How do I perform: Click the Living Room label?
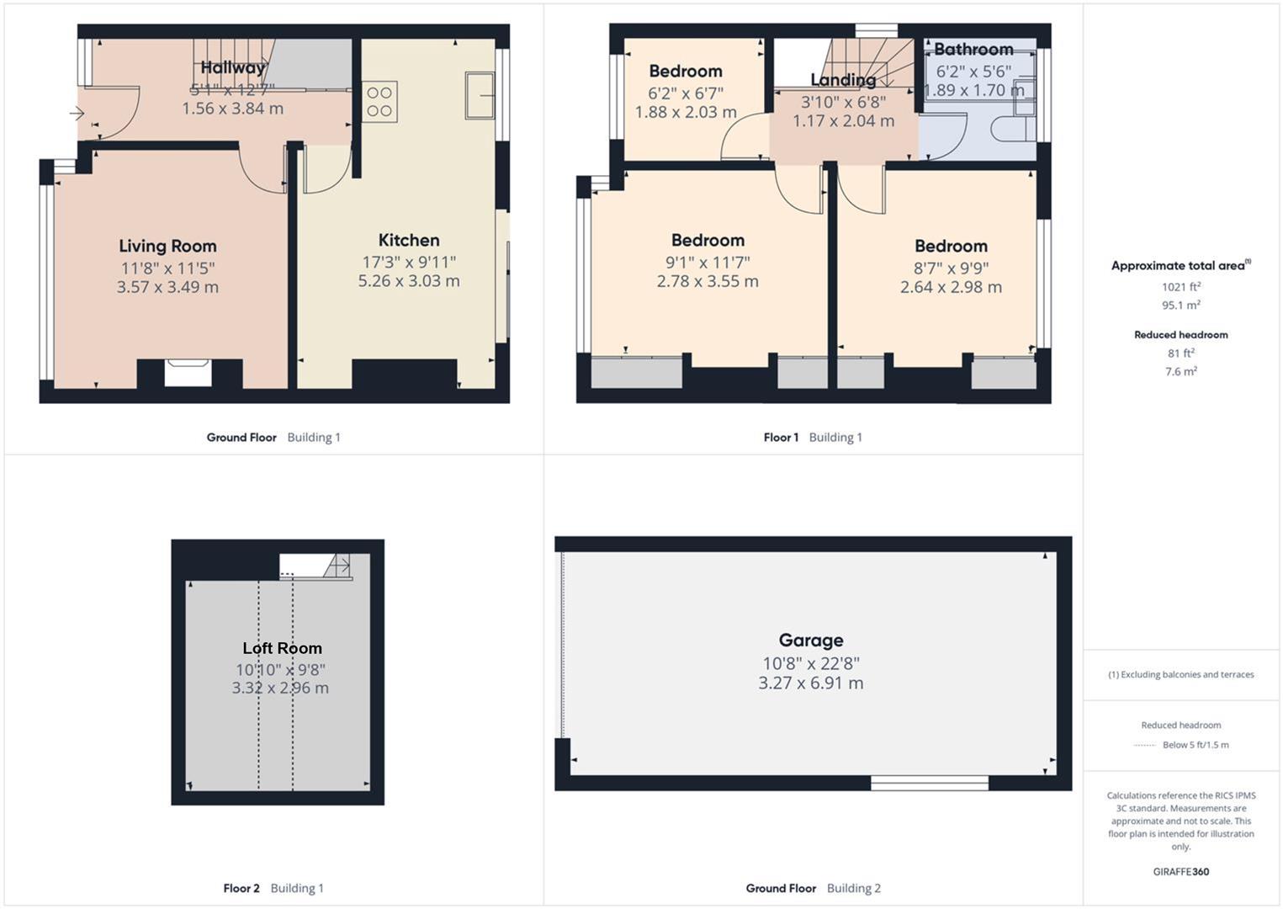pos(167,246)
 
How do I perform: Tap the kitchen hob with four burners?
pos(379,102)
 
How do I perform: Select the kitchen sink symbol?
pos(480,95)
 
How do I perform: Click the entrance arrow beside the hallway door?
pos(77,113)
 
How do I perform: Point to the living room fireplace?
pos(188,373)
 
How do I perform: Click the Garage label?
pos(810,640)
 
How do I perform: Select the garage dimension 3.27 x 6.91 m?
pos(810,683)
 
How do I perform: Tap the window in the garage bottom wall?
pos(929,783)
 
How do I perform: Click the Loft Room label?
pos(282,648)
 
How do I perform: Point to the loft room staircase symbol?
pos(337,566)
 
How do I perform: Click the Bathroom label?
pos(973,49)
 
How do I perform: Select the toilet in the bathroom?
pos(1010,129)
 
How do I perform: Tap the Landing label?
pos(843,80)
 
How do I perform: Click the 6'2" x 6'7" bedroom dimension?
pos(685,93)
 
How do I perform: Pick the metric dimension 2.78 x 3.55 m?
pos(708,281)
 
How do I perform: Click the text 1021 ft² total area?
pos(1180,286)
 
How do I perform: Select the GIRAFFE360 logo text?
pos(1180,871)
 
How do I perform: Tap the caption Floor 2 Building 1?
pos(273,888)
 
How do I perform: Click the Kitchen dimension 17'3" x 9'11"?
pos(409,262)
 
